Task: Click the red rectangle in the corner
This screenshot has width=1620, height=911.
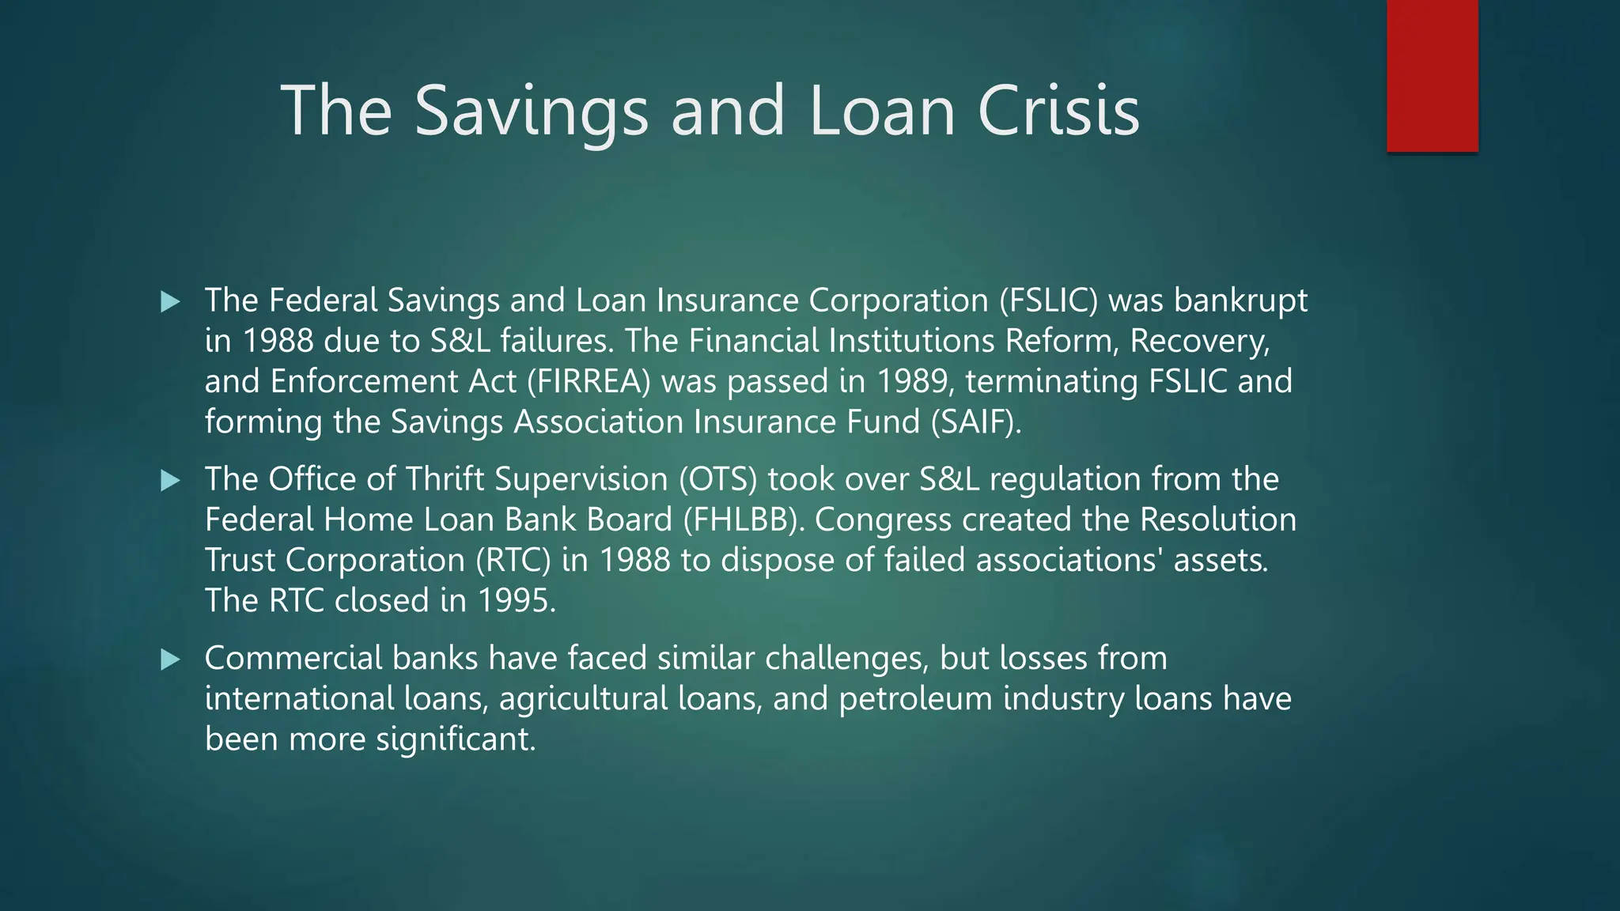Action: click(1432, 76)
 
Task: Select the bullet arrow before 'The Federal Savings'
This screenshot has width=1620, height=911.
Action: click(170, 301)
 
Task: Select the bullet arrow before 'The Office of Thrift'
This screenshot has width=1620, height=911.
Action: click(170, 480)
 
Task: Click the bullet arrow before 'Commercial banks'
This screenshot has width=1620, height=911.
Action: click(170, 660)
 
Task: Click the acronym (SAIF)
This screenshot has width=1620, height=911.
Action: click(975, 421)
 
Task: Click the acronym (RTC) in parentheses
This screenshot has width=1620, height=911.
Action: click(513, 561)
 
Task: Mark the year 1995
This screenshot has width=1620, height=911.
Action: click(513, 601)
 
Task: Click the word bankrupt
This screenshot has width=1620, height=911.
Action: click(1240, 301)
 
